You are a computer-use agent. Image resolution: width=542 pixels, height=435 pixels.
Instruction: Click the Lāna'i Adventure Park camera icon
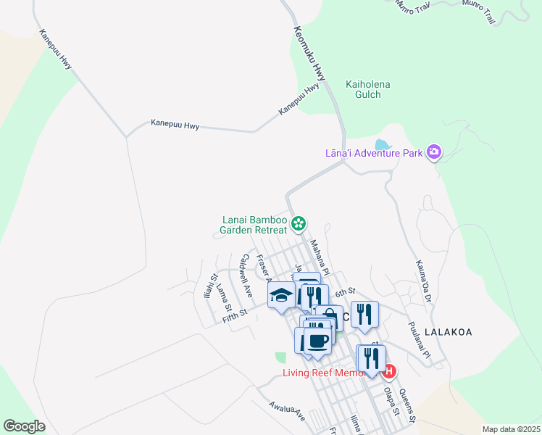[x=435, y=152]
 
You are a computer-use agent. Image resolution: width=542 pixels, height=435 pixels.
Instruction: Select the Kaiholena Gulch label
[x=368, y=90]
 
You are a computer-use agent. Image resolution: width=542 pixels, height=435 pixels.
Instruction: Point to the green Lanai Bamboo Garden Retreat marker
[x=298, y=223]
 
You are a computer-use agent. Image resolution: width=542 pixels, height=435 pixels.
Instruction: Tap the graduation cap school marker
[x=280, y=295]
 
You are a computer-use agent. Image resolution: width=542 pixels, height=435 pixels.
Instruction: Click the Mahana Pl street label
[x=320, y=258]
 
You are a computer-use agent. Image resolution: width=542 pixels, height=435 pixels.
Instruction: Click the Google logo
[x=24, y=426]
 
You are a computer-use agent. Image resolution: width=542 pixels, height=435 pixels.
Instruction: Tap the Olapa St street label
[x=391, y=403]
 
